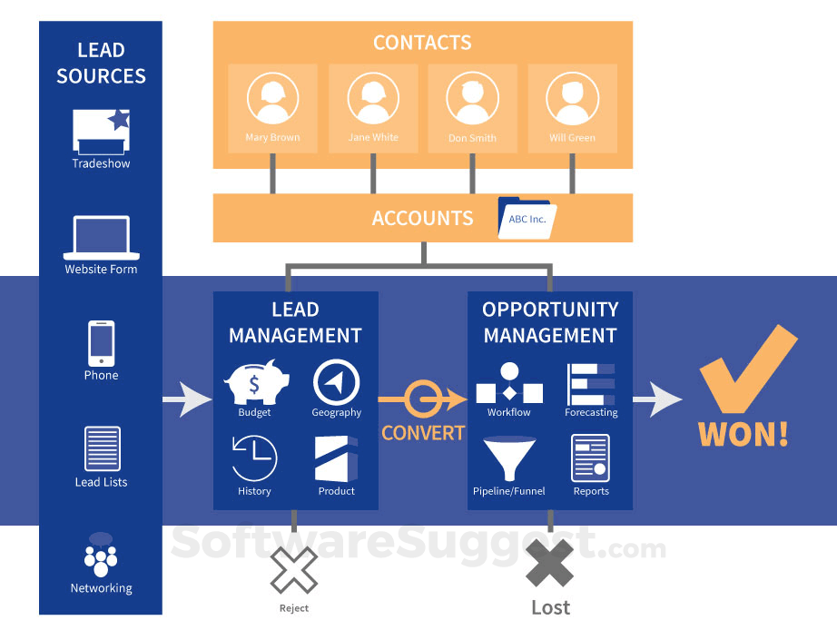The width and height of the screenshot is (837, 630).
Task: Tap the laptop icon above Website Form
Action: click(101, 238)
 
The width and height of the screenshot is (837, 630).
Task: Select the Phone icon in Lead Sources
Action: click(101, 343)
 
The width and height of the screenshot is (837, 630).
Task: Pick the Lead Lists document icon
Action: click(102, 448)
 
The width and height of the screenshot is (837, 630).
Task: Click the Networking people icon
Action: click(101, 556)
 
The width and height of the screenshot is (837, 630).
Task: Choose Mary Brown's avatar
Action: click(272, 98)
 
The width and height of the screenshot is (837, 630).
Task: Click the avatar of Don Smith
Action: click(472, 98)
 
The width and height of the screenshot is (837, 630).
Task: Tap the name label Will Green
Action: click(572, 138)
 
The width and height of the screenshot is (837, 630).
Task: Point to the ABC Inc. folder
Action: click(527, 218)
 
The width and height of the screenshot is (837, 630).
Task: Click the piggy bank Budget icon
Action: click(254, 381)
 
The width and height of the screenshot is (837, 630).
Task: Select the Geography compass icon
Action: click(336, 381)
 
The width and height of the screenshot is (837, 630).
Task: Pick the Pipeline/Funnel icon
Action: click(508, 459)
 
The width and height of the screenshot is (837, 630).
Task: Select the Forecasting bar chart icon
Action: click(591, 384)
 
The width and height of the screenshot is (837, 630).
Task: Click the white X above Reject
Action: click(294, 569)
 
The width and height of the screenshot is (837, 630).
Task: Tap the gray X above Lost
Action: click(550, 565)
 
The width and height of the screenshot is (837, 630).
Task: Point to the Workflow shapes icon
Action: click(509, 384)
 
